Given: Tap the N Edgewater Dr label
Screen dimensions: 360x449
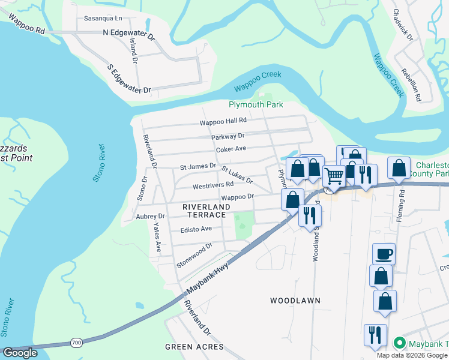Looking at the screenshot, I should pyautogui.click(x=129, y=33).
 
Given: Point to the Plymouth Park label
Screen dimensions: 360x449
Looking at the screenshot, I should pyautogui.click(x=256, y=104).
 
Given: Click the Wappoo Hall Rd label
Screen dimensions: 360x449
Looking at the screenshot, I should pyautogui.click(x=224, y=121).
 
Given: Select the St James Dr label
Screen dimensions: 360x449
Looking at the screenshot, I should pyautogui.click(x=198, y=166).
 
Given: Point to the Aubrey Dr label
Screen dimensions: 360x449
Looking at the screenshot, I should pyautogui.click(x=150, y=216).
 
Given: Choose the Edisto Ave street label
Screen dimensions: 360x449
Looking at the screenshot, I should pyautogui.click(x=196, y=229).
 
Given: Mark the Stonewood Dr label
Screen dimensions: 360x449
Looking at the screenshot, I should pyautogui.click(x=194, y=255).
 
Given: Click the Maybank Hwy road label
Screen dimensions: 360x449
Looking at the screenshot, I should pyautogui.click(x=208, y=279).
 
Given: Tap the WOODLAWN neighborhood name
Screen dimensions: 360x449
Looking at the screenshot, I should pyautogui.click(x=295, y=300).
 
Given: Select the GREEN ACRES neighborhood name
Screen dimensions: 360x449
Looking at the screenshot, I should pyautogui.click(x=194, y=347).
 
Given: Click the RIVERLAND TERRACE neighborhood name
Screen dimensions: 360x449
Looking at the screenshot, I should pyautogui.click(x=204, y=210).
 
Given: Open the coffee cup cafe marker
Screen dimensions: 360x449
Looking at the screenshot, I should pyautogui.click(x=384, y=254).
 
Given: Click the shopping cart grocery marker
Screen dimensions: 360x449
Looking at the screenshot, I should pyautogui.click(x=334, y=176).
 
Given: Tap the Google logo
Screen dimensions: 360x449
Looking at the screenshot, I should pyautogui.click(x=20, y=353).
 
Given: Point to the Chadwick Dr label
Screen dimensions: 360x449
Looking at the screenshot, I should pyautogui.click(x=403, y=25).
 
